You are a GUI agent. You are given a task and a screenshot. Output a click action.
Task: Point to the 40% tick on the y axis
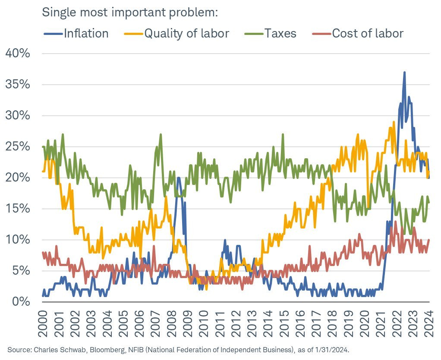pyautogui.click(x=18, y=54)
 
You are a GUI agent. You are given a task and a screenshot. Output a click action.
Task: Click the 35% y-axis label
pyautogui.click(x=18, y=85)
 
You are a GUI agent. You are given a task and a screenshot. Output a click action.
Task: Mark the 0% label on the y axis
pyautogui.click(x=22, y=302)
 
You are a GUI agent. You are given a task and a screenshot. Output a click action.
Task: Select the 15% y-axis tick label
pyautogui.click(x=18, y=209)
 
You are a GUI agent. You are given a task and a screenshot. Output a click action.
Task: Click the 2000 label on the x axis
pyautogui.click(x=43, y=321)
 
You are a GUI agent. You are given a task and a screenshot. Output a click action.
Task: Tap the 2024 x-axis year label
pyautogui.click(x=430, y=321)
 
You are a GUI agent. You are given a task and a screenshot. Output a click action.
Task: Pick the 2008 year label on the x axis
pyautogui.click(x=172, y=321)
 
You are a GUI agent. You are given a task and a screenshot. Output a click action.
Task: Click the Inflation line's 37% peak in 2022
pyautogui.click(x=404, y=72)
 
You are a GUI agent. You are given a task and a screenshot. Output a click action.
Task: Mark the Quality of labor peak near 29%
pyautogui.click(x=394, y=122)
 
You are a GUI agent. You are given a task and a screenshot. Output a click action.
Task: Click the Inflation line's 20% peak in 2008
pyautogui.click(x=178, y=178)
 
